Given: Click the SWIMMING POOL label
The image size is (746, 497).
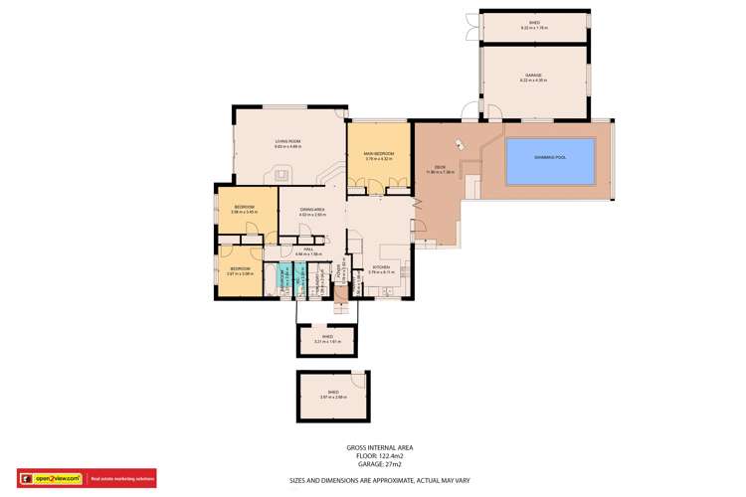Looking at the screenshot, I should pos(549,157).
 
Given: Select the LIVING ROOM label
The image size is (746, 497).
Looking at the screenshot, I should pos(287,142).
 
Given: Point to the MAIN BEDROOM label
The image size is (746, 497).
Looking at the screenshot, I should pos(379,153).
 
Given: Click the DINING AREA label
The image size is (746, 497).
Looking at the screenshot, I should pos(312,209).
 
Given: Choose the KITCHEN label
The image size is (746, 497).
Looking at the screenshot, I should pos(381,267).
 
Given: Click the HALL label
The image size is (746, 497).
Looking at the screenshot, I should pos(308,249).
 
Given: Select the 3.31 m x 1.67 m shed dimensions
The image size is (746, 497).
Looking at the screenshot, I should pos(327,342).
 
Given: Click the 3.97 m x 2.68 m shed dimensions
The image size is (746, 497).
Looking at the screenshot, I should pos(332,398).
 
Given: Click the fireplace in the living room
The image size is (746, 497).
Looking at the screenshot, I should pos(281,174).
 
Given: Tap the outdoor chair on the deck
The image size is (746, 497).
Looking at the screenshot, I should pos(459,144).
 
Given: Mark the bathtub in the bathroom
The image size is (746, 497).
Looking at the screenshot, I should pos(273,280).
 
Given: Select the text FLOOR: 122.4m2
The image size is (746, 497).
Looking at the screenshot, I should pos(379,456).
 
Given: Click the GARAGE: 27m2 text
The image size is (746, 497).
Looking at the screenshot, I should pos(379,464).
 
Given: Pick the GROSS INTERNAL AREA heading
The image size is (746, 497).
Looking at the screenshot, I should pos(379,447).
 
